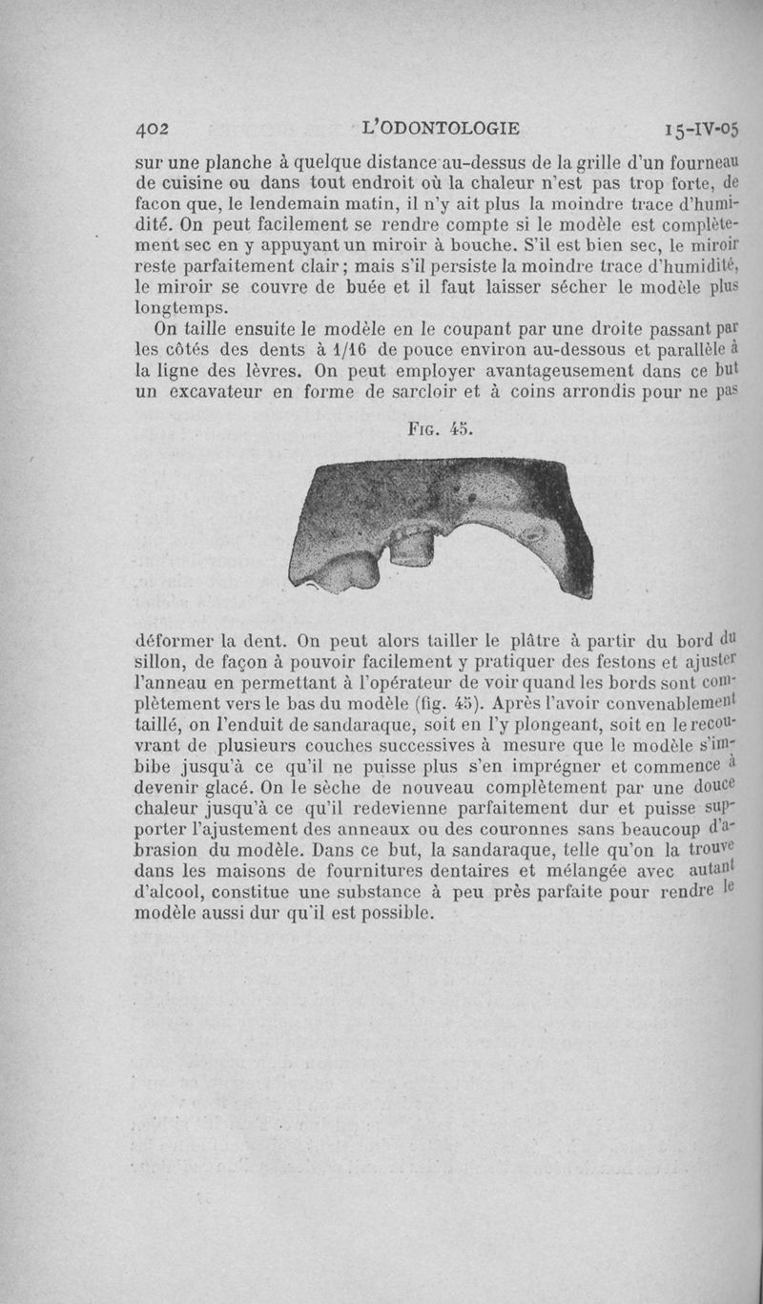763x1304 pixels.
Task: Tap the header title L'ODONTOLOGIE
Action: [441, 127]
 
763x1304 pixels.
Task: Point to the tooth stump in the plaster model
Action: [412, 547]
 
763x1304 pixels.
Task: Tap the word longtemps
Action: [180, 307]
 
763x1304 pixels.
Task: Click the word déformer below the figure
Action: [180, 640]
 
